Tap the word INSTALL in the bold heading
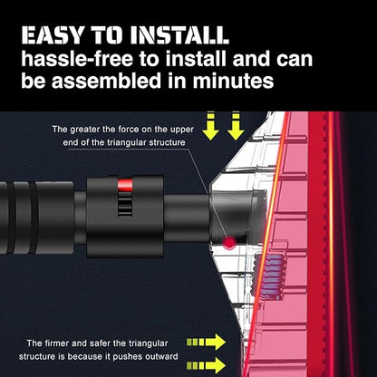[x=179, y=35]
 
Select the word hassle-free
[x=77, y=59]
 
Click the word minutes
[x=233, y=81]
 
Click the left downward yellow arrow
[x=210, y=126]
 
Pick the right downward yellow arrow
[x=236, y=126]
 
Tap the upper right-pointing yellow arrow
[x=206, y=342]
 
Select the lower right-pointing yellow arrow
[x=206, y=365]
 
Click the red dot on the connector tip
[x=229, y=242]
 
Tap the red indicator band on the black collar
[x=125, y=186]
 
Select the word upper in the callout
[x=180, y=130]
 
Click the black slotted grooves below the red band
[x=125, y=205]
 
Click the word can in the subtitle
[x=295, y=60]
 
